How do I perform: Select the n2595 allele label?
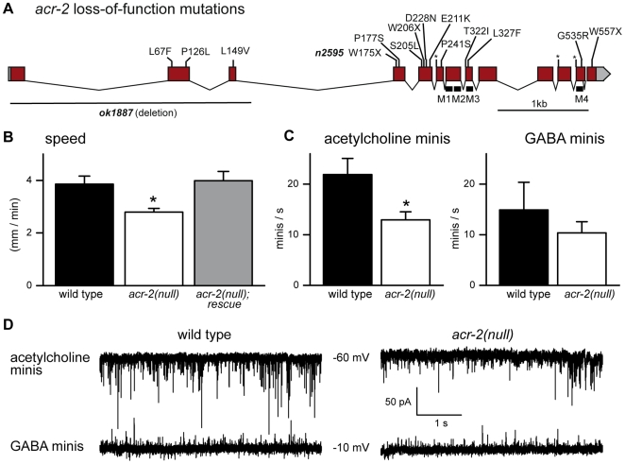click(329, 53)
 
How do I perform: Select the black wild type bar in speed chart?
click(83, 233)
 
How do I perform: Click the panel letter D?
click(8, 325)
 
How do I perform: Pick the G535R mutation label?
click(572, 36)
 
